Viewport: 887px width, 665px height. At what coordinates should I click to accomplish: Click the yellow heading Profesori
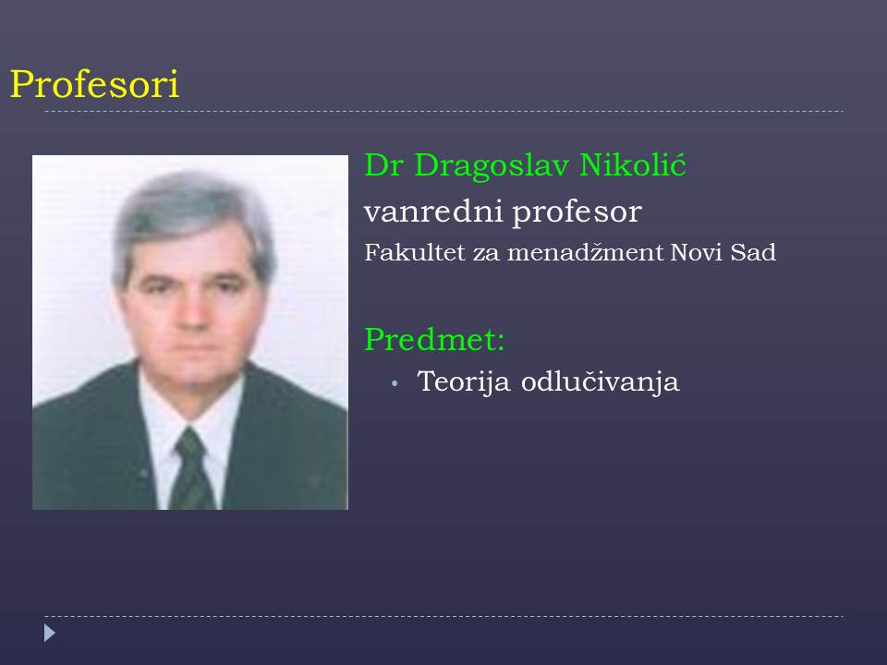[94, 85]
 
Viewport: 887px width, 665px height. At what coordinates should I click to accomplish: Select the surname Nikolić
[632, 164]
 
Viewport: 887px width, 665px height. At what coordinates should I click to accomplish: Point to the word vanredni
[433, 212]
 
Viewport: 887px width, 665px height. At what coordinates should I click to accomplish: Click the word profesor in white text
[577, 212]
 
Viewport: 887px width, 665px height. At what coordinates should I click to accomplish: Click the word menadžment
[585, 252]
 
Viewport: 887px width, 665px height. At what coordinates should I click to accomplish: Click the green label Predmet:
[434, 339]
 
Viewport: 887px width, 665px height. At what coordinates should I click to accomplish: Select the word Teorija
[464, 381]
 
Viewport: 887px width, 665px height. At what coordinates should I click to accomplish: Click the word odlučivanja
[600, 381]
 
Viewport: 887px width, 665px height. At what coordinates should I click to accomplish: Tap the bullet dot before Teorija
[395, 384]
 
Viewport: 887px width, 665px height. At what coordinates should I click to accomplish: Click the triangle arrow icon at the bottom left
[50, 633]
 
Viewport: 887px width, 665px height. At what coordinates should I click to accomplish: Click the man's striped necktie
[192, 469]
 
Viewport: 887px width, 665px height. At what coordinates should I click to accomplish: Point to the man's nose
[192, 311]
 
